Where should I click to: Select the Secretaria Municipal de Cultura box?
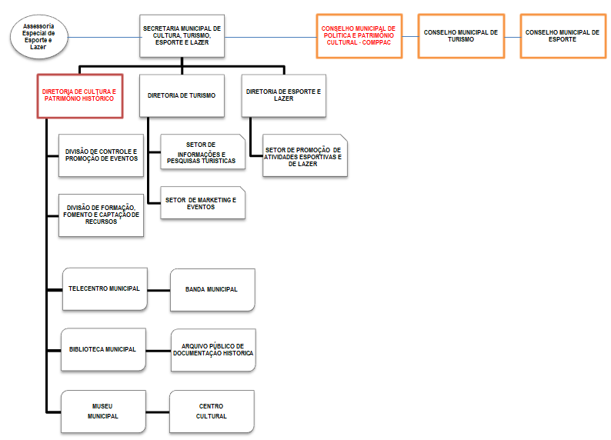182,35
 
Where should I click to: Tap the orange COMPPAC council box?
357,35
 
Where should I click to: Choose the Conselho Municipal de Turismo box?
460,35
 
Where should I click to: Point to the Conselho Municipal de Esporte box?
563,35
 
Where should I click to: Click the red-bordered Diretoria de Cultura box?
80,95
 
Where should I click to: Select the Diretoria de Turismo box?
182,95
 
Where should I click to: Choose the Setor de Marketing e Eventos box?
203,203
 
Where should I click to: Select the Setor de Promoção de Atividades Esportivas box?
305,156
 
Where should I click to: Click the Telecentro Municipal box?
104,289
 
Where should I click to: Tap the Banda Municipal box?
212,289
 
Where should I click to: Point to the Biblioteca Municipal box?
104,349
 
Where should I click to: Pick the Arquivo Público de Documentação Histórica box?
212,349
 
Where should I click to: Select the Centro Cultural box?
212,411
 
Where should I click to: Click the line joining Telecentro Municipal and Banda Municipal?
158,290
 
